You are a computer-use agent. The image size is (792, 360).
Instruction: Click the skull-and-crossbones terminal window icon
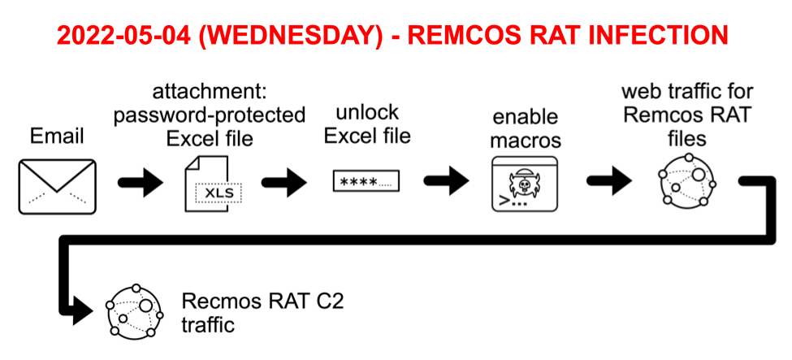coord(525,184)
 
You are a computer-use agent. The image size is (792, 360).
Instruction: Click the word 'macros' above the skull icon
coord(524,141)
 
